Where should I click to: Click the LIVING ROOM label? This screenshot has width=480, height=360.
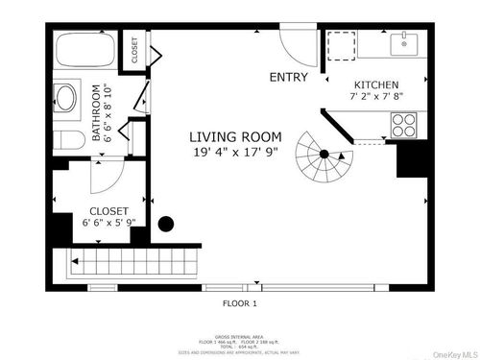[x=227, y=136]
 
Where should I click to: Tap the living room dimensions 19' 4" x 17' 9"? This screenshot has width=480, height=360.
[x=227, y=151]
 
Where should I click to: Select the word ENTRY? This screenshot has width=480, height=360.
[x=289, y=78]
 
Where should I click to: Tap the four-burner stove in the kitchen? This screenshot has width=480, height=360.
[x=402, y=125]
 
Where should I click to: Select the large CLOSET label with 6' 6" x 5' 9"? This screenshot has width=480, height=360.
[x=108, y=216]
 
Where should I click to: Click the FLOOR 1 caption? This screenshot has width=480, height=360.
[x=239, y=304]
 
